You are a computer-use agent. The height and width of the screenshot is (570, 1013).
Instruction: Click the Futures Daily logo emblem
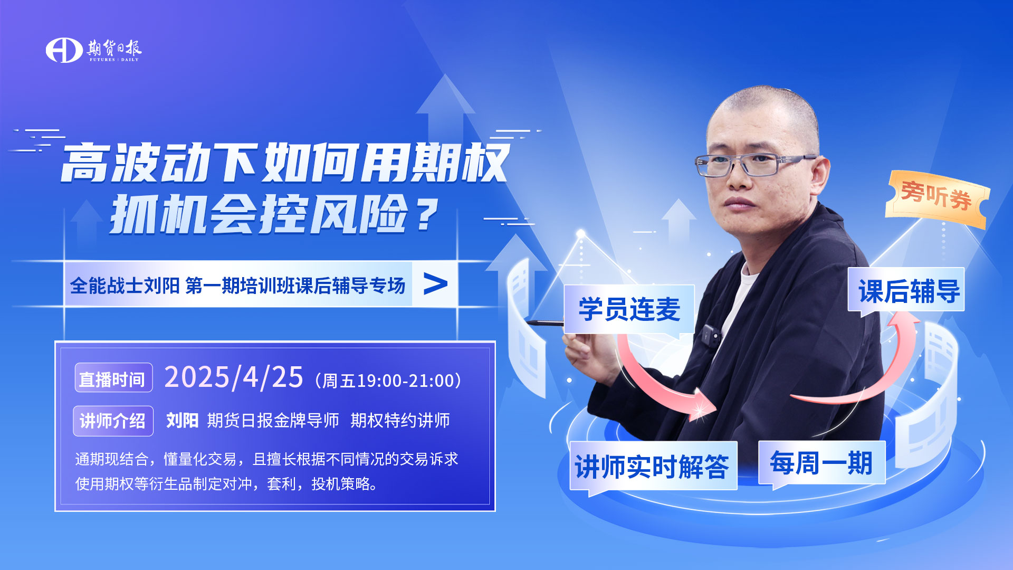(64, 50)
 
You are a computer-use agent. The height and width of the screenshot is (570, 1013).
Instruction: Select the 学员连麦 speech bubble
(629, 310)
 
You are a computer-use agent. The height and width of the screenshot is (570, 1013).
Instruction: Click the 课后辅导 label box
(906, 291)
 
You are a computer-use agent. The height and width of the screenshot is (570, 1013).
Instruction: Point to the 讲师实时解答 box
(653, 467)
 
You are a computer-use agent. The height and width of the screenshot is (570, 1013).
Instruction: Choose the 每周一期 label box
(821, 463)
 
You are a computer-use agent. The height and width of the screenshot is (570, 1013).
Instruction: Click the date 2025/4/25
(234, 378)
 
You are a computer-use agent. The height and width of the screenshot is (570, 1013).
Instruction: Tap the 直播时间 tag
(113, 378)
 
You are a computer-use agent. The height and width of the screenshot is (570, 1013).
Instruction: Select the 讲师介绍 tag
(113, 421)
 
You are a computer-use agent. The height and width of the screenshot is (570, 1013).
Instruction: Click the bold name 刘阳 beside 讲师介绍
(182, 421)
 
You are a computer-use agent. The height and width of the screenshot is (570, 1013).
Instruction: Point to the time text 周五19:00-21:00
(388, 381)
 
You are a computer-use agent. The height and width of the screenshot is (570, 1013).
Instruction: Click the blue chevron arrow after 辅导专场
(435, 284)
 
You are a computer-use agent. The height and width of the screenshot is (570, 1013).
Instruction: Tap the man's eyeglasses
(754, 164)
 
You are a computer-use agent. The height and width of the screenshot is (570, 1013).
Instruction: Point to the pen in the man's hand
(546, 323)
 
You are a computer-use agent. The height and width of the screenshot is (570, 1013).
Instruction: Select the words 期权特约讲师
(400, 421)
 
